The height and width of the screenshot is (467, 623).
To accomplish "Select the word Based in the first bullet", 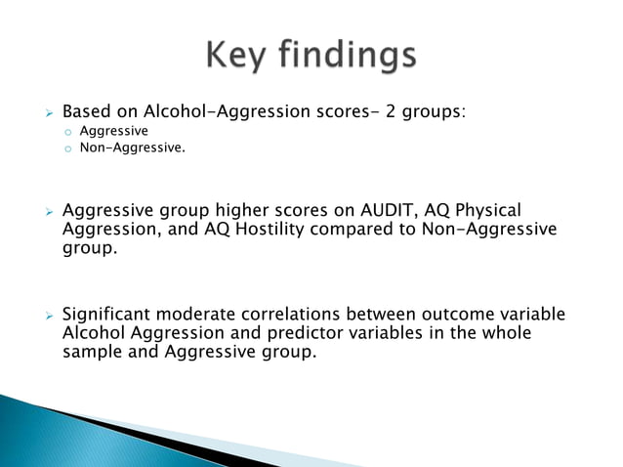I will tap(85, 112).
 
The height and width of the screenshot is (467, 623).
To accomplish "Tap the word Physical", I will tap(484, 210).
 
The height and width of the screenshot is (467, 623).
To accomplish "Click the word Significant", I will tap(106, 315).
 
